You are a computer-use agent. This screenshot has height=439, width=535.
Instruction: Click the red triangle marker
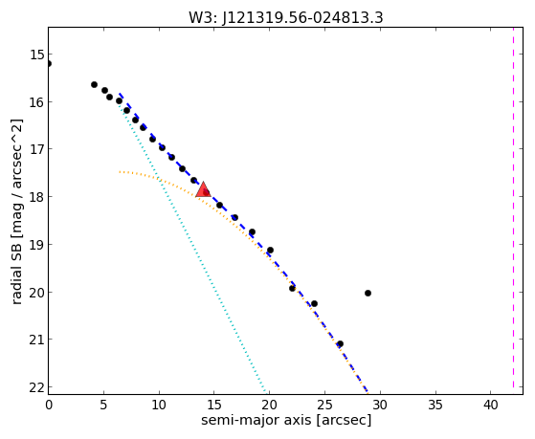coord(203,190)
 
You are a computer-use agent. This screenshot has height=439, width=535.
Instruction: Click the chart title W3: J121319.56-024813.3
coord(286,18)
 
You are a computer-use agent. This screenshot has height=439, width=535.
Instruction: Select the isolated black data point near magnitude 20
coord(368,293)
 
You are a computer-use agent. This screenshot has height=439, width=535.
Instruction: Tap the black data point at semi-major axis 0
coord(49,63)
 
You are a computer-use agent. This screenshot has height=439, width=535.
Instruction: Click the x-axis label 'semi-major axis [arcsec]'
coord(286,420)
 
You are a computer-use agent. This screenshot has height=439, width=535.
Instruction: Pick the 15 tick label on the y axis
coord(37,55)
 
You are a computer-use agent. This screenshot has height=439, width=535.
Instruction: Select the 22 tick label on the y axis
coord(37,387)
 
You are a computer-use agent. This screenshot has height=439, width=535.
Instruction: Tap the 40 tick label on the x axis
coord(491,405)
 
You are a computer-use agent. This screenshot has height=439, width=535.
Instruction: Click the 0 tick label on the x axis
coord(49,405)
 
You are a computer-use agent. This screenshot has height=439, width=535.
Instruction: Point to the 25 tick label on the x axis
coord(324,405)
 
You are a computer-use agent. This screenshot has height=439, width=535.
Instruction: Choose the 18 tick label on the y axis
coord(37,197)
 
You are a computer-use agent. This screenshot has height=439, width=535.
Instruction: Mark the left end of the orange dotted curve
coord(120,172)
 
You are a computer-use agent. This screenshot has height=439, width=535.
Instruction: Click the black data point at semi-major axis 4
coord(94,84)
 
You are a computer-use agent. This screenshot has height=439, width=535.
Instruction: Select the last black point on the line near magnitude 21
coord(340,343)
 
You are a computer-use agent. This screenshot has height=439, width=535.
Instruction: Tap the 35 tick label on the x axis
coord(435,405)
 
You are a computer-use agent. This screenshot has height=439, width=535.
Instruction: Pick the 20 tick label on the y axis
coord(37,293)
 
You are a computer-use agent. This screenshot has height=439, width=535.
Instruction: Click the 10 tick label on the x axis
coord(159,405)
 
